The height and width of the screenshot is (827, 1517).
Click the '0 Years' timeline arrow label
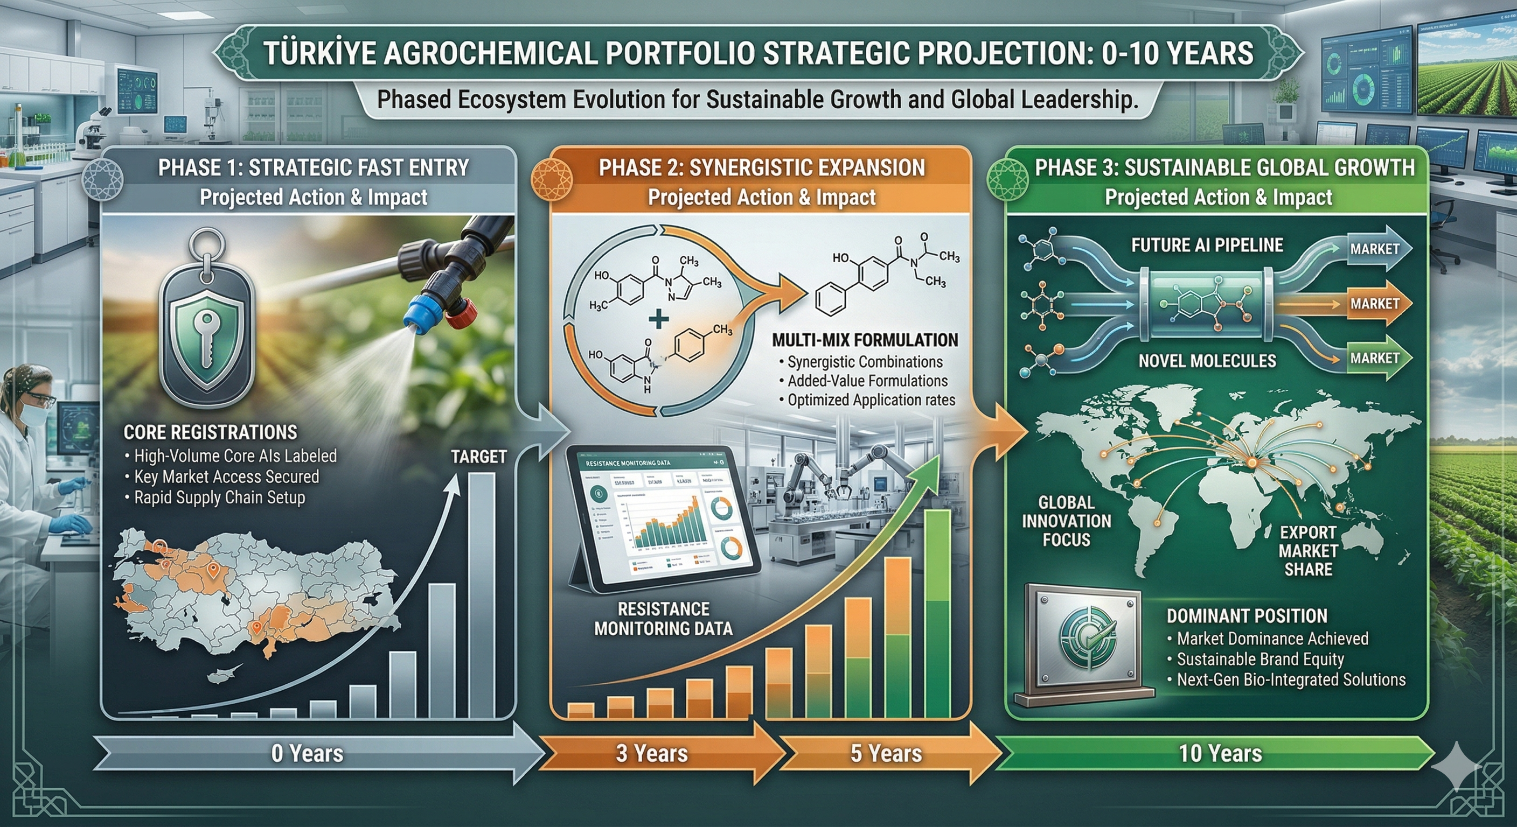(307, 753)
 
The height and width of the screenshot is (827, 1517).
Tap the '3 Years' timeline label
(651, 753)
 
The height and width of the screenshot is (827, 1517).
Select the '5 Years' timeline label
(886, 753)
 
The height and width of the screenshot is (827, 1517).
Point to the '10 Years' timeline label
(1220, 753)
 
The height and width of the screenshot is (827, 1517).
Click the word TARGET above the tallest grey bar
(479, 457)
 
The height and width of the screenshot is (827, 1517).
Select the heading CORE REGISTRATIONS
(210, 433)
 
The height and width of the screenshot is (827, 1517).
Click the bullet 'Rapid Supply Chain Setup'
(219, 498)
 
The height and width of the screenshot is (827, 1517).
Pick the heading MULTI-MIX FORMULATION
(865, 340)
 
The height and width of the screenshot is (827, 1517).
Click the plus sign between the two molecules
(658, 319)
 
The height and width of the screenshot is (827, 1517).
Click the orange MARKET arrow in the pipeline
(1374, 304)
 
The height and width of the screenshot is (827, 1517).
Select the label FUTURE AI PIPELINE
(1207, 246)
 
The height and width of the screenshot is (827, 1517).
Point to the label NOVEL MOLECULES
(1207, 361)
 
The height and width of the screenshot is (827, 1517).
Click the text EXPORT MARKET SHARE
(1308, 551)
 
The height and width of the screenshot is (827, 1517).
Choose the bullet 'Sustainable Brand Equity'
(1259, 659)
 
